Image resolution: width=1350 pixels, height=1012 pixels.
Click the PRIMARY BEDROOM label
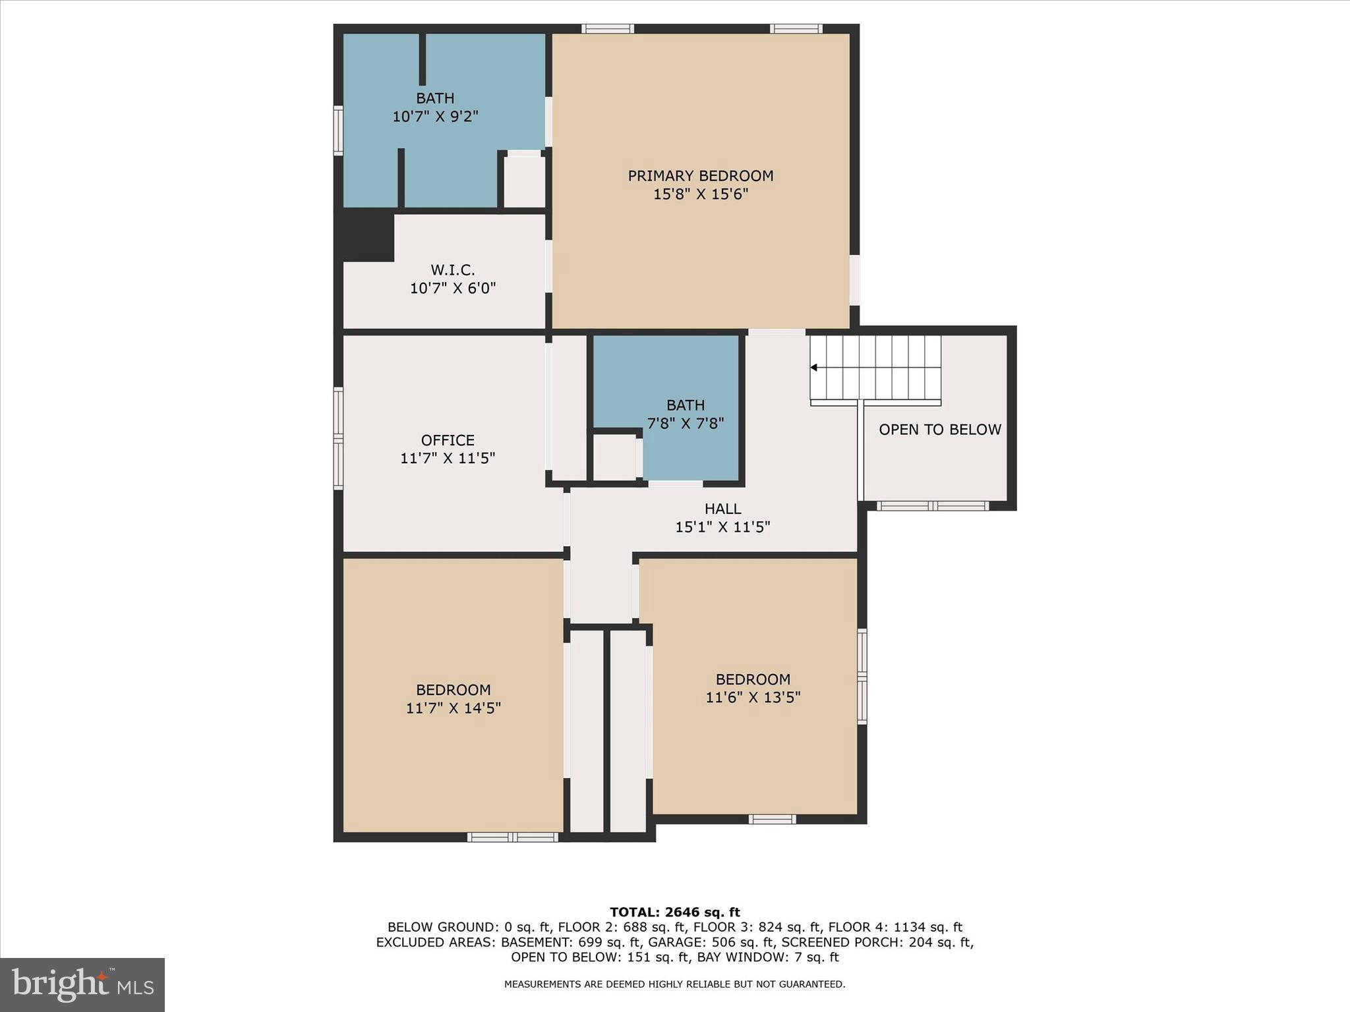[x=700, y=176]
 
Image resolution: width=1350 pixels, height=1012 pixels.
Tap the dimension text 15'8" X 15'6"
[x=700, y=194]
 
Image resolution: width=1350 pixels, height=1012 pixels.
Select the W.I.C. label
[x=452, y=270]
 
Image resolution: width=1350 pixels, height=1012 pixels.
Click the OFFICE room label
[x=448, y=440]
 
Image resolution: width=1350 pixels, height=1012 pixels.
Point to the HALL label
[x=722, y=509]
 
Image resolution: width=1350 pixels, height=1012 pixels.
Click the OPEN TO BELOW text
[x=939, y=430]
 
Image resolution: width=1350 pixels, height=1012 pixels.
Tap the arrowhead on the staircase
[x=814, y=368]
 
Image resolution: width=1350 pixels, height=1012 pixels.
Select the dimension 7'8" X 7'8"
[x=686, y=424]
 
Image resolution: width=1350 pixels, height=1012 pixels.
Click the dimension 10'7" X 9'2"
[x=435, y=117]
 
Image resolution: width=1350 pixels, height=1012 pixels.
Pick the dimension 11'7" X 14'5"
[x=453, y=708]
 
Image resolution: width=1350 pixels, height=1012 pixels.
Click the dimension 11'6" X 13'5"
[x=753, y=698]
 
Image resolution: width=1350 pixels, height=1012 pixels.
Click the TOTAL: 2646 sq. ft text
[x=674, y=913]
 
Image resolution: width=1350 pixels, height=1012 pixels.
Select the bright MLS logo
[x=82, y=984]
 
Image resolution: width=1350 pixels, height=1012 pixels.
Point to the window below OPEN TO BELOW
[x=932, y=505]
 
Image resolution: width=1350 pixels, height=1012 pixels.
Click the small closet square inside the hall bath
[x=614, y=457]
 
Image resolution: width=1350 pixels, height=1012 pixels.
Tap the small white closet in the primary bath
[x=524, y=181]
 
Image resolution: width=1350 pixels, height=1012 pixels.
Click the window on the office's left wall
[x=338, y=438]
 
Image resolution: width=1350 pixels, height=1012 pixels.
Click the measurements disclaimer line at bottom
[x=674, y=984]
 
